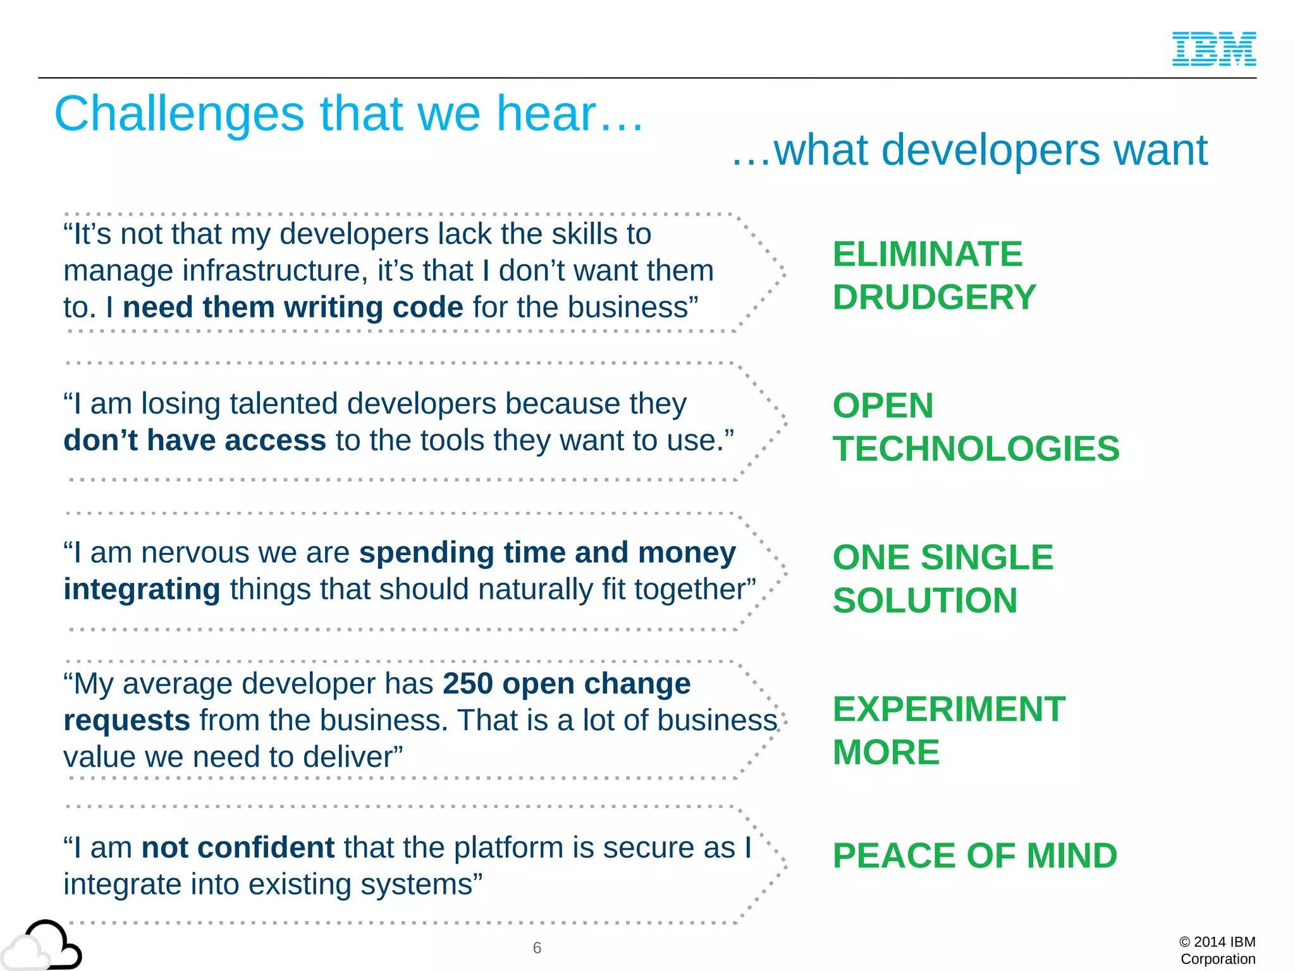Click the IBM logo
click(x=1213, y=49)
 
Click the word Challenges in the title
click(x=179, y=114)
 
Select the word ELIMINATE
click(x=927, y=254)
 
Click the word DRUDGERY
click(x=934, y=297)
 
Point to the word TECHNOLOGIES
click(x=976, y=449)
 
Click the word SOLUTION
click(x=924, y=601)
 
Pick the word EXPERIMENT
click(x=948, y=709)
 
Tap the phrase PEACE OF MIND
click(x=974, y=856)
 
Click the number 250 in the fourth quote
click(x=467, y=683)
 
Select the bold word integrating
click(x=142, y=589)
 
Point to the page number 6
click(x=537, y=948)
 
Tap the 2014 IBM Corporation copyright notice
click(x=1217, y=950)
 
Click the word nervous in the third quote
click(x=195, y=553)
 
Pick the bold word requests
click(x=126, y=721)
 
